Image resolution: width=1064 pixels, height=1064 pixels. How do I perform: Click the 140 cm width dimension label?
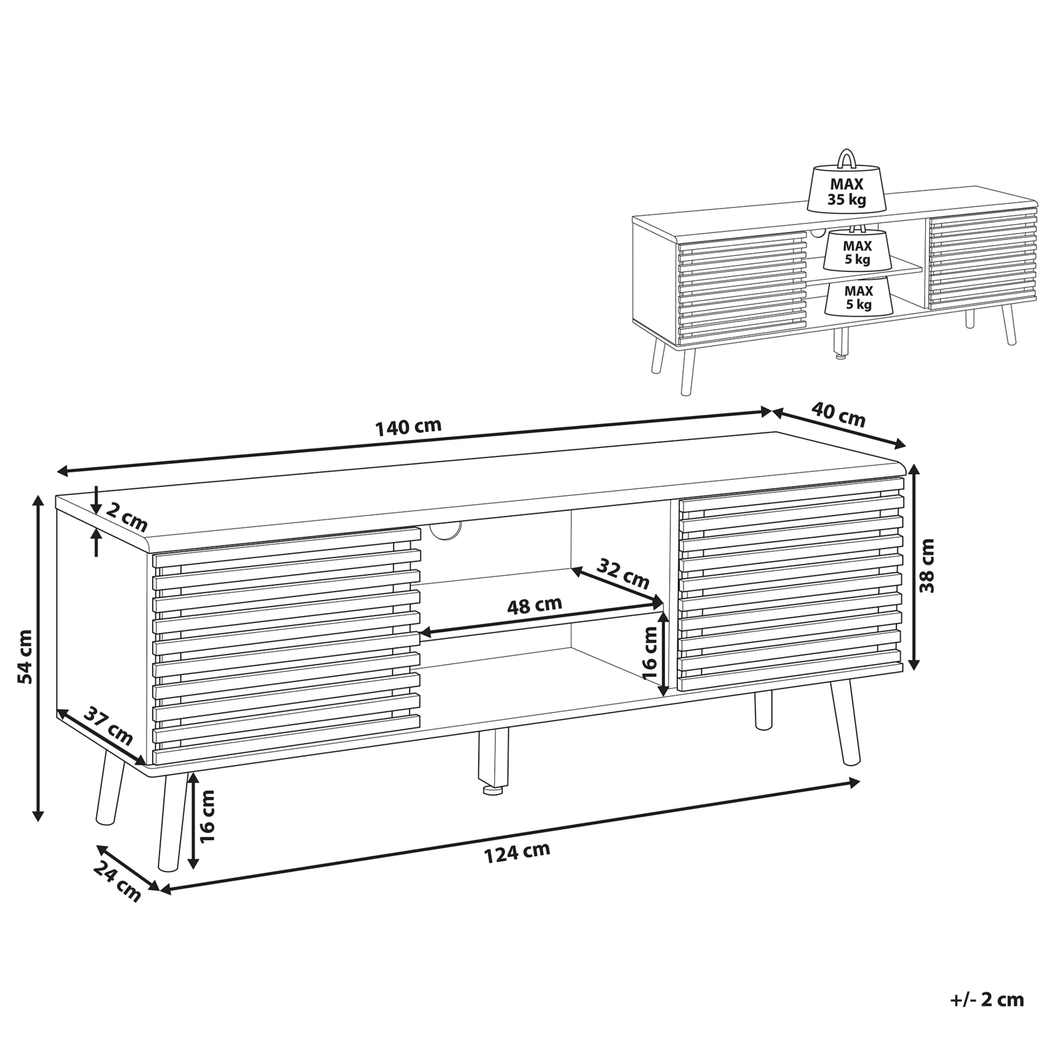pos(408,427)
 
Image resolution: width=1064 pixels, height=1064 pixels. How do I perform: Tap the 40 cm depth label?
pos(838,414)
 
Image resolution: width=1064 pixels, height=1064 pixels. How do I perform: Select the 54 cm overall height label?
pos(24,657)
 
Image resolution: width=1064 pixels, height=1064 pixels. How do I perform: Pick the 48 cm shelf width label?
pos(534,605)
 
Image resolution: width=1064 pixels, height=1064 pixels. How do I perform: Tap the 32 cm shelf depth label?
pos(622,573)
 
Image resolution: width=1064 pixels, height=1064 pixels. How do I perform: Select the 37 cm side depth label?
pos(108,725)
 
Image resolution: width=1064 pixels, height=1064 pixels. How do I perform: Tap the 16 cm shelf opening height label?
pos(649,652)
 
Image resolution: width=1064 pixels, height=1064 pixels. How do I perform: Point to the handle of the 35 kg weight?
pos(846,158)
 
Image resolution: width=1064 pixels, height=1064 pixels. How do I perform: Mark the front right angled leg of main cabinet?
pos(845,722)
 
